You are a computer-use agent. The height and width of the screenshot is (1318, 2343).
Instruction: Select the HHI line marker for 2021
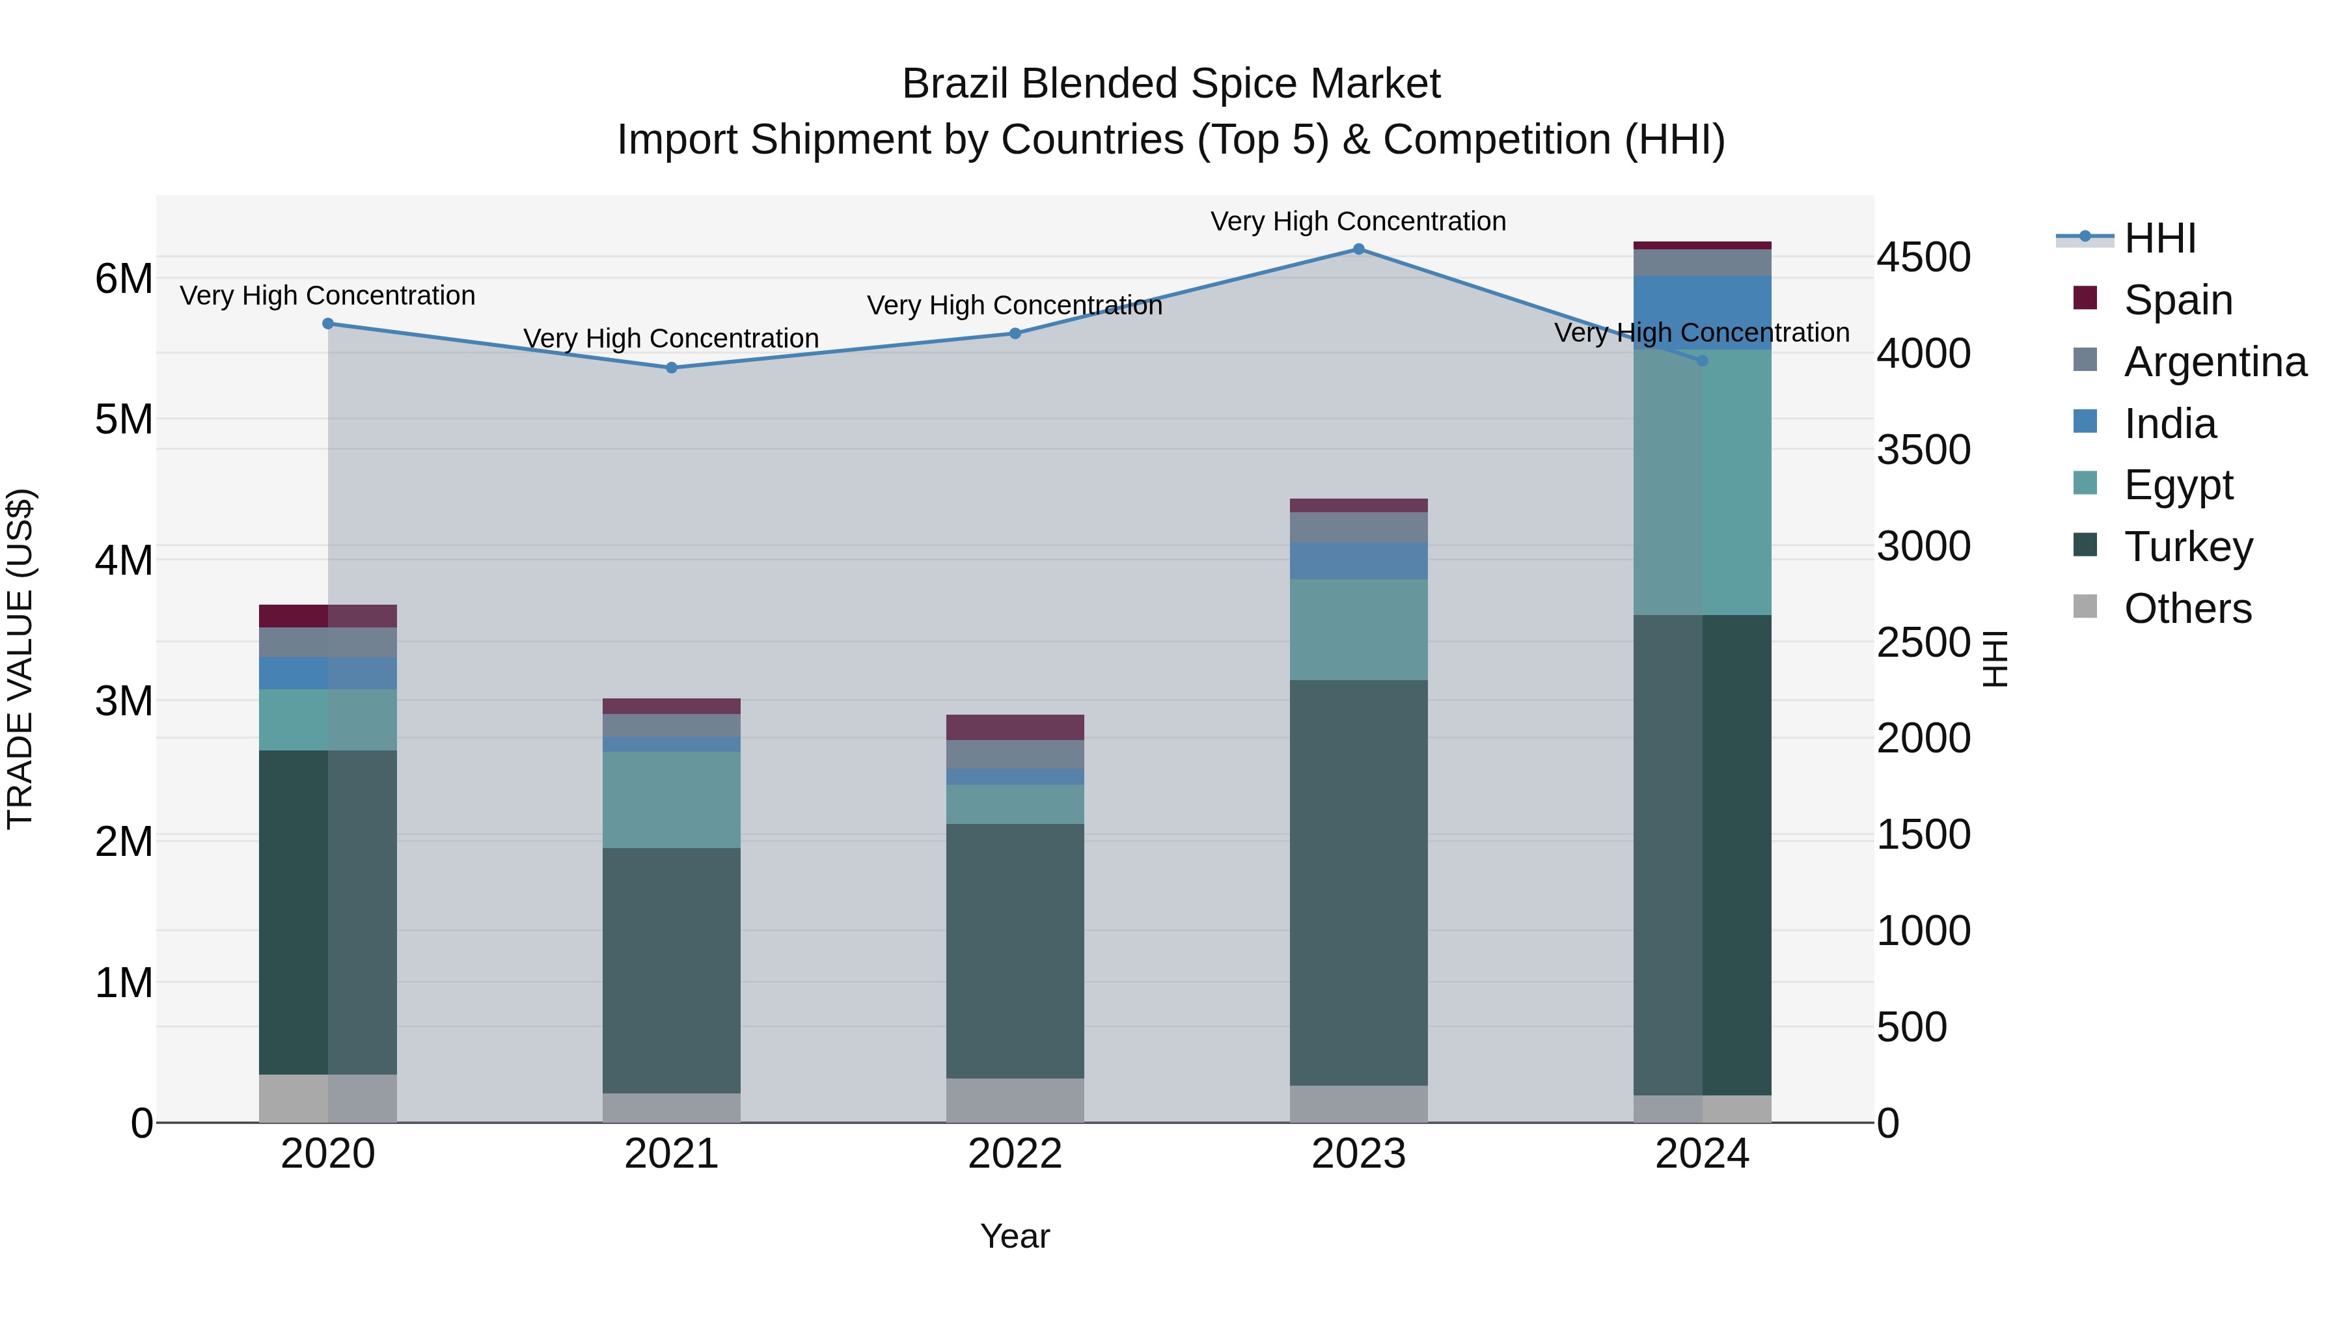(671, 368)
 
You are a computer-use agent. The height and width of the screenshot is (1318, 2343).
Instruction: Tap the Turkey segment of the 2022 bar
(1015, 950)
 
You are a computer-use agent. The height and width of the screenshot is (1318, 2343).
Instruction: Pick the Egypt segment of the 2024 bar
(1702, 482)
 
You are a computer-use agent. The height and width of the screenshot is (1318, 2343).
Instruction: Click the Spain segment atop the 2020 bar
(327, 616)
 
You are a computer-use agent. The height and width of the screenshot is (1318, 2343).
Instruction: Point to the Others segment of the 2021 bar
(671, 1107)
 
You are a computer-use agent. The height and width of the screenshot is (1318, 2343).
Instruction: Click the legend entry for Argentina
(2214, 362)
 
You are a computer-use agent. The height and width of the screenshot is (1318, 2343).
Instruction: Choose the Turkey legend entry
(2187, 547)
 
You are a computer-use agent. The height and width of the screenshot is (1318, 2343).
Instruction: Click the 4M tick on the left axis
(124, 560)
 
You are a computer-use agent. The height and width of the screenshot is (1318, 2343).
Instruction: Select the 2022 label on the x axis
(1015, 1153)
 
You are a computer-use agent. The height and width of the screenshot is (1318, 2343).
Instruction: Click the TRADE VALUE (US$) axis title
(20, 659)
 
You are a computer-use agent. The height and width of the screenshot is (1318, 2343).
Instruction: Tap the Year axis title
(1015, 1236)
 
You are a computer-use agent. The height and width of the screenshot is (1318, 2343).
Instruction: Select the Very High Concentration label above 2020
(327, 295)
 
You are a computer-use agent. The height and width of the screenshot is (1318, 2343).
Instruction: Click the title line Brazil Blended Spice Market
(1171, 84)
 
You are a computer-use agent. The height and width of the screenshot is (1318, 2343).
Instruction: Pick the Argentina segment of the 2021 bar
(671, 725)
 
